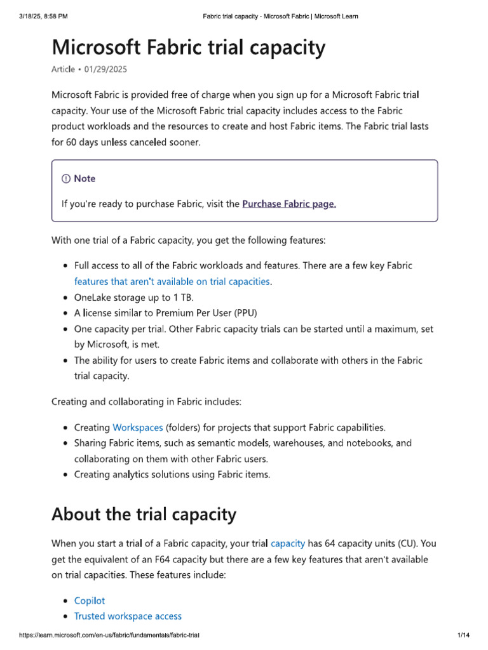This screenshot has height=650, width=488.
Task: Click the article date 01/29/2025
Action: (x=113, y=69)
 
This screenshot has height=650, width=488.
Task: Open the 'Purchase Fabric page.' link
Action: (x=289, y=204)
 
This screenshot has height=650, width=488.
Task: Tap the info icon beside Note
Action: (x=66, y=179)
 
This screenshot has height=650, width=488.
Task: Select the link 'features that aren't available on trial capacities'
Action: (x=172, y=281)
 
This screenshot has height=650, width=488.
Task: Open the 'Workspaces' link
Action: (x=137, y=427)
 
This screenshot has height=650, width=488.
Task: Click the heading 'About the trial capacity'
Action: (x=144, y=514)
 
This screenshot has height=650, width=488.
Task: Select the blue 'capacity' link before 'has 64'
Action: (x=288, y=543)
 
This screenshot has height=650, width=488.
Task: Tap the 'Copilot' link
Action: (x=90, y=600)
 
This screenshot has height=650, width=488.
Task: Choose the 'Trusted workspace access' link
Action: (x=128, y=616)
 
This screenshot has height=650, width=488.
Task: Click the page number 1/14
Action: (x=463, y=635)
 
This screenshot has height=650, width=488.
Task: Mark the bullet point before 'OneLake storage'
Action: (x=67, y=297)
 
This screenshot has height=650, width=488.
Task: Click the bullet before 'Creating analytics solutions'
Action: (x=67, y=475)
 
